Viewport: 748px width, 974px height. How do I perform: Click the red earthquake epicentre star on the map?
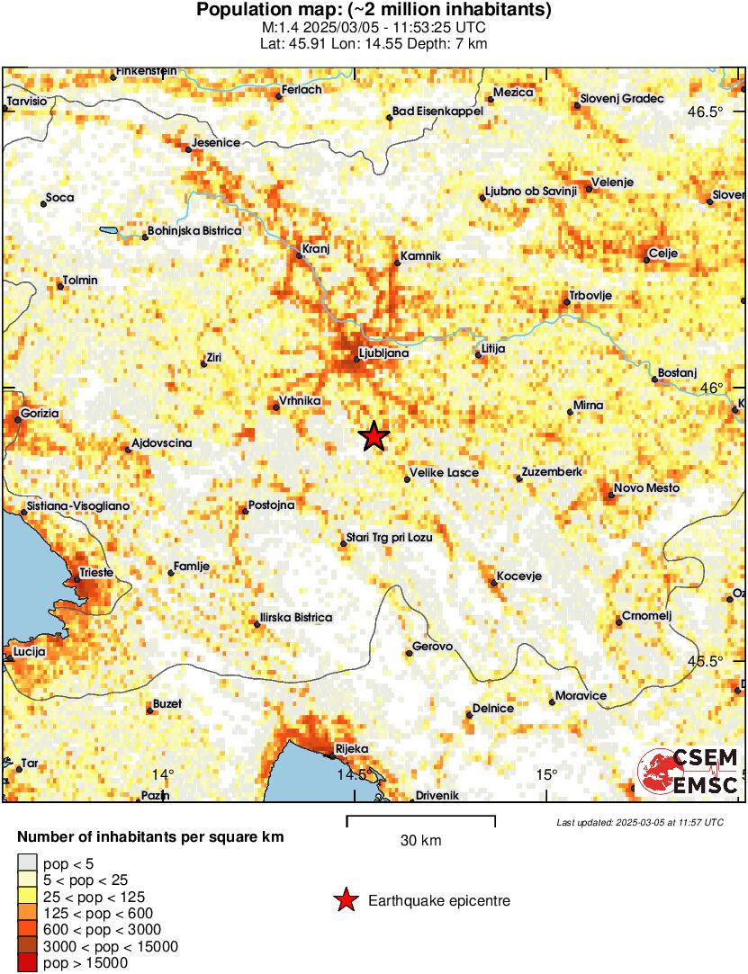[374, 436]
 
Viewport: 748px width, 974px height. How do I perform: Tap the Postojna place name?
[272, 505]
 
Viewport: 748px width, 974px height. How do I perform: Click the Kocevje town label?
[518, 576]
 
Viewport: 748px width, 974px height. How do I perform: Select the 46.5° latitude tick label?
[705, 112]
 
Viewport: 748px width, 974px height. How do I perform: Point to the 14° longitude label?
[162, 774]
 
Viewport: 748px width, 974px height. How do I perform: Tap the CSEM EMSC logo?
[689, 772]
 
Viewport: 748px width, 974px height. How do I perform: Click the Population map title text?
[374, 11]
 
